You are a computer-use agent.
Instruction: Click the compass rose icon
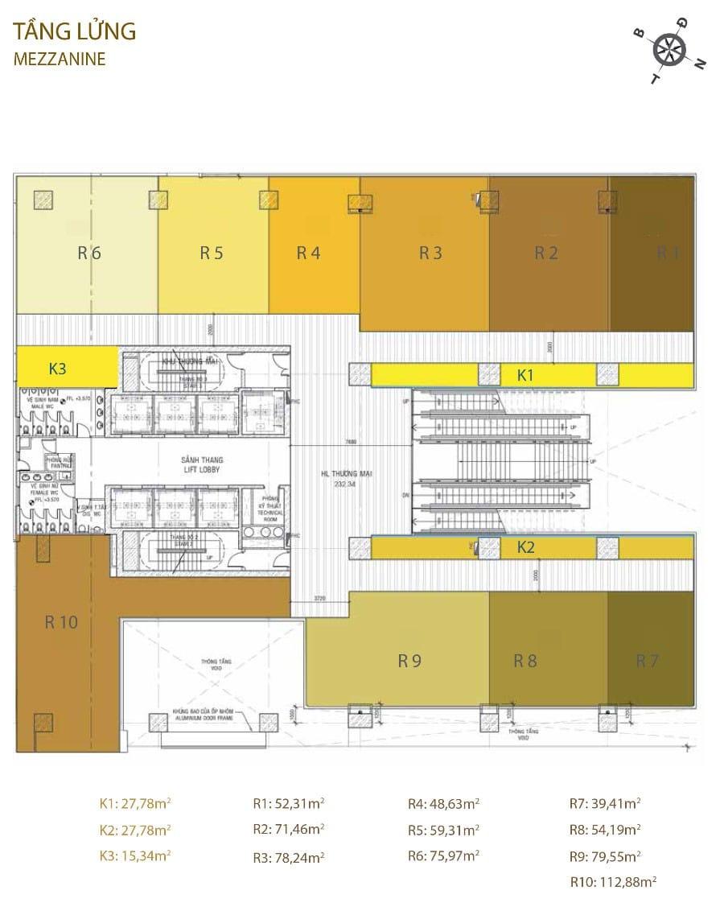tap(668, 51)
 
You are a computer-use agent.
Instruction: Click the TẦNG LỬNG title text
tap(75, 32)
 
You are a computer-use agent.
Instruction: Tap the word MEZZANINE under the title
tap(60, 59)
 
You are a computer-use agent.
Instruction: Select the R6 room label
tap(89, 253)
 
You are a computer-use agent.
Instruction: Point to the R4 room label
tap(308, 253)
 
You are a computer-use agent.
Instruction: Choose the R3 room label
tap(430, 253)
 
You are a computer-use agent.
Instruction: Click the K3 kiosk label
tap(58, 369)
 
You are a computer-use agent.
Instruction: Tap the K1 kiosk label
tap(525, 374)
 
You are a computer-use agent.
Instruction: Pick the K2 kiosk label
tap(525, 548)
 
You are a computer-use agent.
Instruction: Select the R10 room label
tap(61, 621)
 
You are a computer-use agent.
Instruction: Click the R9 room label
tap(409, 662)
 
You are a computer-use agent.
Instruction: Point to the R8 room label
tap(525, 662)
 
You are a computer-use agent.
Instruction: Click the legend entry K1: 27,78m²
tap(135, 802)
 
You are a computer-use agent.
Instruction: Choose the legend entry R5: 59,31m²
tap(443, 829)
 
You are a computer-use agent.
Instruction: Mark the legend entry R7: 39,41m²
tap(605, 802)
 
